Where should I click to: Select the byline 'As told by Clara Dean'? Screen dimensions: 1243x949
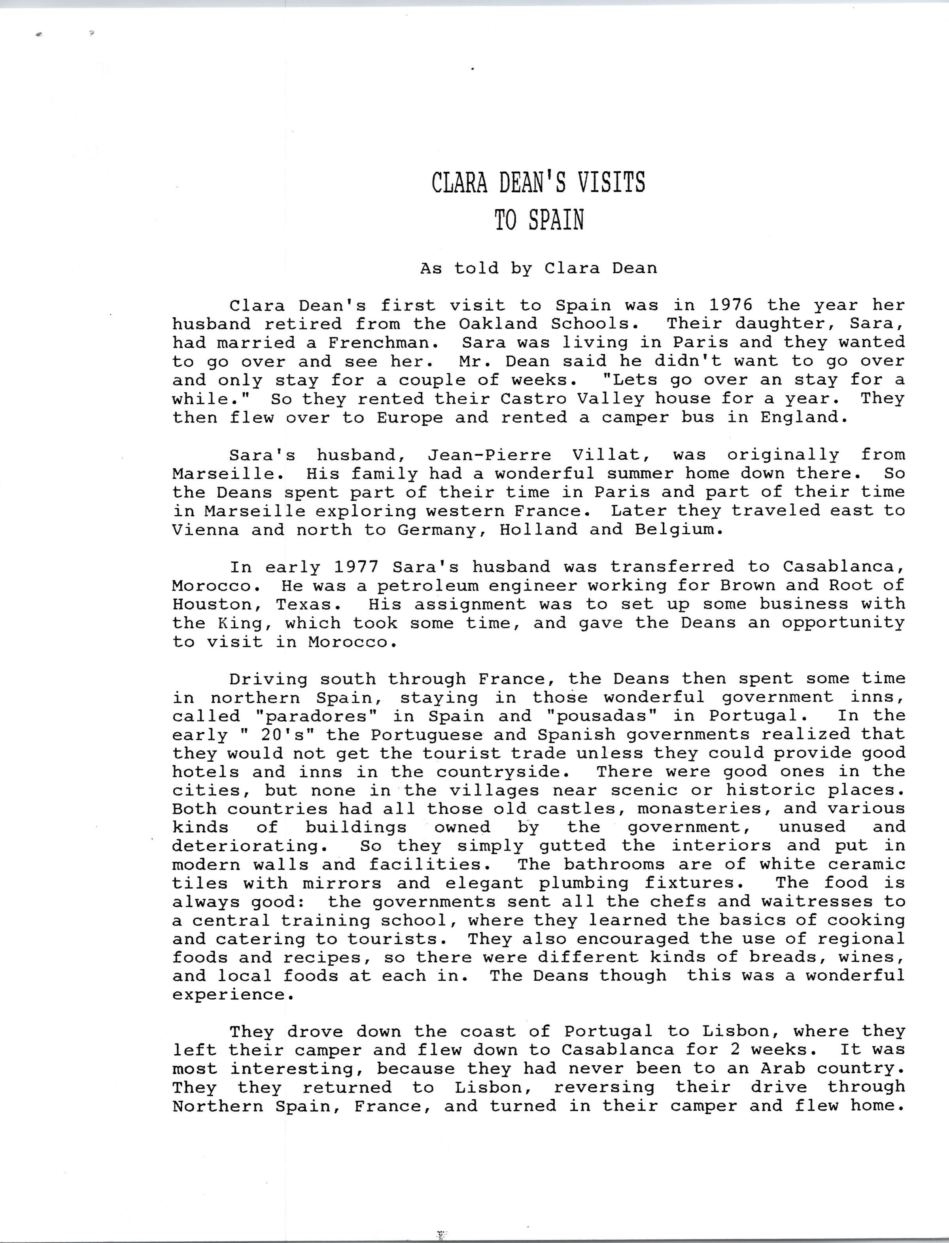click(x=538, y=268)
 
